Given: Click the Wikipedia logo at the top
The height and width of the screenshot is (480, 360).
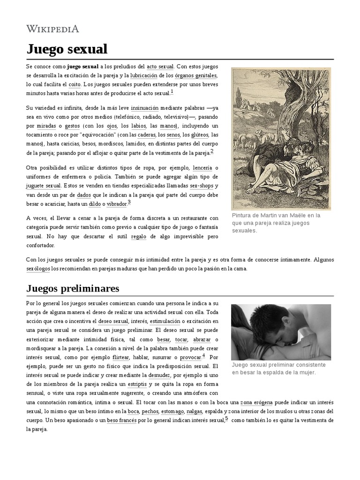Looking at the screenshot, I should pos(52,29).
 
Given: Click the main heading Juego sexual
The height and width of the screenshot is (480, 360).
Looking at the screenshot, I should pos(67,49).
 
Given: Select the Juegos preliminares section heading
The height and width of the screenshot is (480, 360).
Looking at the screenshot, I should pos(73,288).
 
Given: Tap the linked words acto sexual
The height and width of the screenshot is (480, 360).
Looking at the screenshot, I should pos(160,67).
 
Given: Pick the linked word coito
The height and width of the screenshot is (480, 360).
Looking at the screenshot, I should pos(75,84).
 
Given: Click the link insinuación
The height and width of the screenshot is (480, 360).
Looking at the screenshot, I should pos(144,108).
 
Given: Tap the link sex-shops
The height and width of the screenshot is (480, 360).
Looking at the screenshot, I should pos(201,186).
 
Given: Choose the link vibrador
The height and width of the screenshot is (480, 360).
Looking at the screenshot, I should pos(117,204).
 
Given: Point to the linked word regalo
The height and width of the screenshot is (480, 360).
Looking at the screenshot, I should pos(138,236).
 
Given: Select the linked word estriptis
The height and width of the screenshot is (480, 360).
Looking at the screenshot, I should pos(137,384).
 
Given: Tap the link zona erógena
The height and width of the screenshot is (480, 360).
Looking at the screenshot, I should pos(256,402).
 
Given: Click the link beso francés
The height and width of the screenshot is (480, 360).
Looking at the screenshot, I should pos(121,420).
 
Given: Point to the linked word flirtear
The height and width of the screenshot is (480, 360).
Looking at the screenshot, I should pos(121,357).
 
